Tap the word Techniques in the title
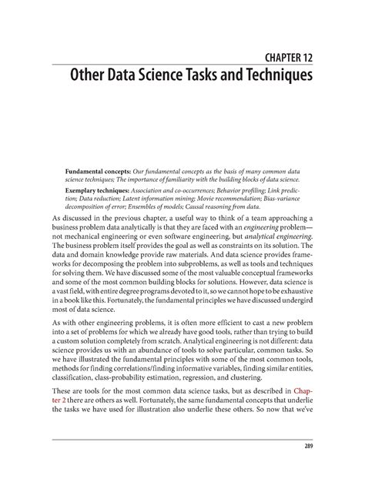tap(273, 78)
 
